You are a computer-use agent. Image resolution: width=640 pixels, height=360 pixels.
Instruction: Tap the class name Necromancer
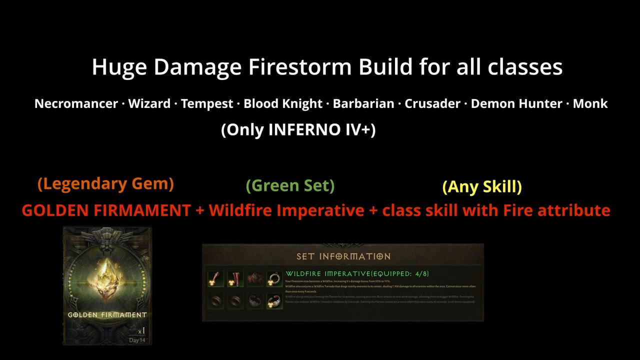(76, 104)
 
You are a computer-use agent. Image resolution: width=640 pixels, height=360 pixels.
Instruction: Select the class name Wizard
(149, 104)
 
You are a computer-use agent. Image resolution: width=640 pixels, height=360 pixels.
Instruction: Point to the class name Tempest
(207, 104)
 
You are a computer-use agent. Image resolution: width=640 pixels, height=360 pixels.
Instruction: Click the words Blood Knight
(282, 104)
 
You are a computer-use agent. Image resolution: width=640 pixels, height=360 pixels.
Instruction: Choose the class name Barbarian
(363, 104)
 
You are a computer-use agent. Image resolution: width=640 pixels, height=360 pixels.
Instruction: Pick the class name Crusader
(432, 104)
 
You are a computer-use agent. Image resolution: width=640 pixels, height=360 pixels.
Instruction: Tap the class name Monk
(590, 104)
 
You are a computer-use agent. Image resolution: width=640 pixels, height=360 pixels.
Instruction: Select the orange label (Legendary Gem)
(105, 184)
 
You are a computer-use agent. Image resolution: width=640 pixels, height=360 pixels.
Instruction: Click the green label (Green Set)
(290, 186)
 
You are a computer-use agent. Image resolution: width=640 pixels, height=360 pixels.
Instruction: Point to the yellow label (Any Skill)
(482, 187)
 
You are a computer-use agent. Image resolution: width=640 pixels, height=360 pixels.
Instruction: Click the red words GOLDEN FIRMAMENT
(106, 210)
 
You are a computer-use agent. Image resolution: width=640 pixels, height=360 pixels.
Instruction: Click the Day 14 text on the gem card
(137, 340)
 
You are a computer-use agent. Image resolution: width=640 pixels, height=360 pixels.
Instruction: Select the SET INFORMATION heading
(343, 256)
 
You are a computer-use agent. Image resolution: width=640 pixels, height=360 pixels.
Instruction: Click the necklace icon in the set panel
(274, 278)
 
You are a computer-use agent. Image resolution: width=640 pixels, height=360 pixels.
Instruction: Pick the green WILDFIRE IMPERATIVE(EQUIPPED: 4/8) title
(357, 274)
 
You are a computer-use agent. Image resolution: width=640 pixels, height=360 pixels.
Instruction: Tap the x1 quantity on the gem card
(141, 331)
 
